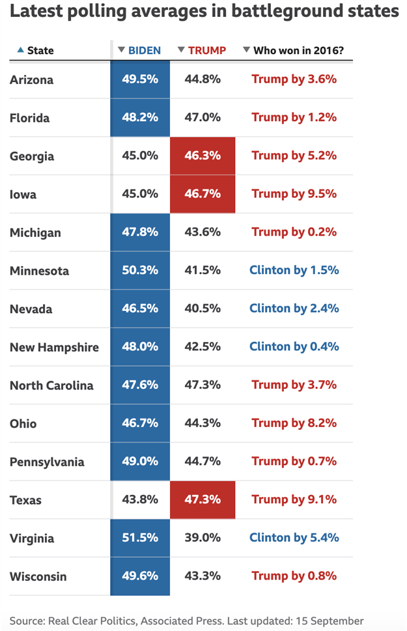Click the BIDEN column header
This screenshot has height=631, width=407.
coord(144,50)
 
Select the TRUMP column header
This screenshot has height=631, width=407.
coord(206,50)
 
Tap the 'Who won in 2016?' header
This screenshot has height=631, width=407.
coord(298,50)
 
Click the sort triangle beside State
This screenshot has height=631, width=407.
coord(20,50)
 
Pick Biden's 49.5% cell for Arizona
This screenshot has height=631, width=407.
coord(140,79)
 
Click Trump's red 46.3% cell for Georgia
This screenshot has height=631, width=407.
coord(203,156)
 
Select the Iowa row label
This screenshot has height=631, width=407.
coord(23,194)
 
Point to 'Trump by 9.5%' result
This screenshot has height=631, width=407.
coord(294,194)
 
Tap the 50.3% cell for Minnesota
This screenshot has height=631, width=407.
coord(140,270)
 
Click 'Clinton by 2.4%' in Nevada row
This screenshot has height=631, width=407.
coord(294,309)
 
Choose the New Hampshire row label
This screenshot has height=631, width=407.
coord(54,347)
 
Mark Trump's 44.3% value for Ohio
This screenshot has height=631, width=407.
coord(203,423)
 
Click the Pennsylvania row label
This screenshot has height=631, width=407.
coord(47,462)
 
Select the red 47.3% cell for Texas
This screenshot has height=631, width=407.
coord(203,500)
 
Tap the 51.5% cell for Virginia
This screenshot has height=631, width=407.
coord(140,538)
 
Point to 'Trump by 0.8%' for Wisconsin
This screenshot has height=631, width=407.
coord(294,576)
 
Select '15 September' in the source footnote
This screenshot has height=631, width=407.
coord(330,621)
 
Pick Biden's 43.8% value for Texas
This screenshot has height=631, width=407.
coord(140,500)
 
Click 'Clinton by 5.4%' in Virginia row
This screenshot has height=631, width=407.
coord(294,538)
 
